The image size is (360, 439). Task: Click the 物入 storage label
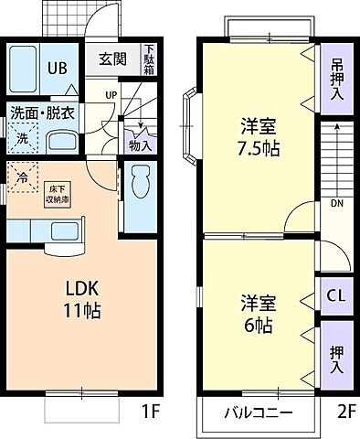(x=140, y=144)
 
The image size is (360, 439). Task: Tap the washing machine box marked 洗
(x=22, y=140)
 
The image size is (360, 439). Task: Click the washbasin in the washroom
(x=61, y=142)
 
